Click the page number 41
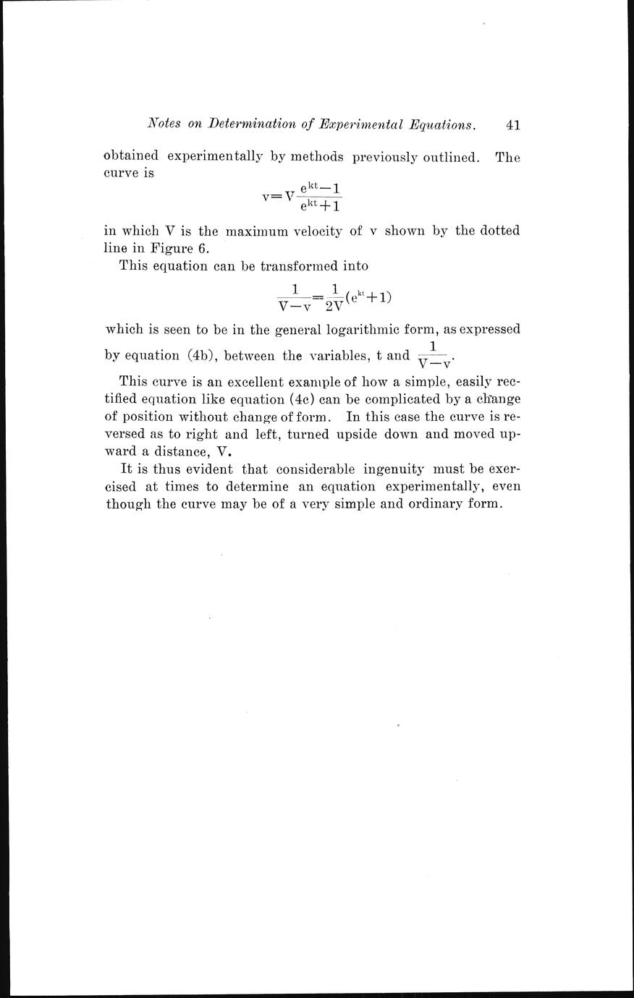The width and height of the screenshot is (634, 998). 513,124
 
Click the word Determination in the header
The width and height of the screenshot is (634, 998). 252,124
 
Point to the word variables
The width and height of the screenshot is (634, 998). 336,356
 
